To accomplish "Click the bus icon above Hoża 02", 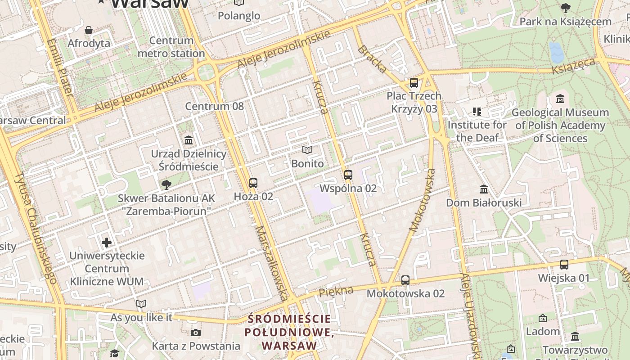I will point(253,183).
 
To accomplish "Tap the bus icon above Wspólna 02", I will point(348,175).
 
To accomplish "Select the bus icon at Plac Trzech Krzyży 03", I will point(414,83).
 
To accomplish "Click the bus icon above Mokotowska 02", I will point(405,280).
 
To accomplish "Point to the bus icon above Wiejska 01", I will point(564,265).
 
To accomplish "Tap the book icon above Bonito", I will point(307,150).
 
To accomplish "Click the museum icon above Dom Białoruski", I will point(484,189).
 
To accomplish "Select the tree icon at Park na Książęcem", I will point(565,8).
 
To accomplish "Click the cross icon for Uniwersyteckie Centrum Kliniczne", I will point(107,243).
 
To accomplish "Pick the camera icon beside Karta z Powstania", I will point(196,333).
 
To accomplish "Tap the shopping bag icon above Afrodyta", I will point(89,30).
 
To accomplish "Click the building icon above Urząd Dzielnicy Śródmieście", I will point(189,140).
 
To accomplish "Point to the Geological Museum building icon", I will point(560,99).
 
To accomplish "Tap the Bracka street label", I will point(372,59).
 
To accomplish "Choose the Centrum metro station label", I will point(171,47).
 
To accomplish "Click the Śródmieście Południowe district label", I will point(290,333).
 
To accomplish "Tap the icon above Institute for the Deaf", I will point(477,112).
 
